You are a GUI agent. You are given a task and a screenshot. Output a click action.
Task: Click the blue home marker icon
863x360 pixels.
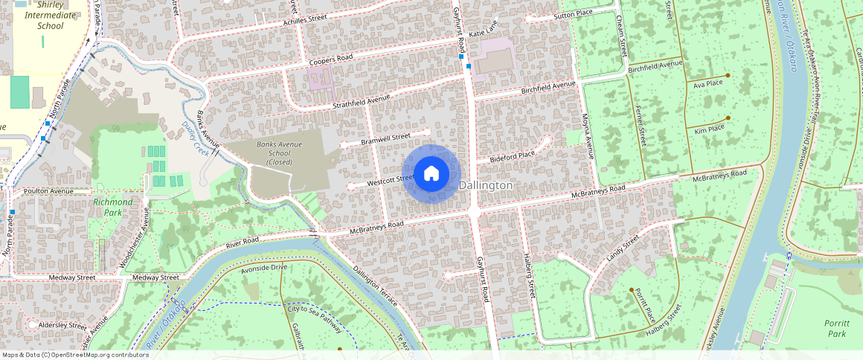pyautogui.click(x=431, y=174)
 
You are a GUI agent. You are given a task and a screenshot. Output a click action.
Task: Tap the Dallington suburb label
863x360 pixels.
pyautogui.click(x=486, y=184)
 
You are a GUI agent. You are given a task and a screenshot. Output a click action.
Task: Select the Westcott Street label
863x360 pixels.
pyautogui.click(x=391, y=179)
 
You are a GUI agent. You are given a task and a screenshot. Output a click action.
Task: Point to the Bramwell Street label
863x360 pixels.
pyautogui.click(x=385, y=137)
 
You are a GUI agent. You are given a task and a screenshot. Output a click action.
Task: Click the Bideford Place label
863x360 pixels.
pyautogui.click(x=512, y=155)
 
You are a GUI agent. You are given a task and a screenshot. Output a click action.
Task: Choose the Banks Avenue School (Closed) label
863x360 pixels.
pyautogui.click(x=275, y=152)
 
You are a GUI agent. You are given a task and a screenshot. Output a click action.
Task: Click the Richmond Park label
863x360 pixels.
pyautogui.click(x=113, y=207)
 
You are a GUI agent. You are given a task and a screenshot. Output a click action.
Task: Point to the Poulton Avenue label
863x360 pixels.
pyautogui.click(x=48, y=191)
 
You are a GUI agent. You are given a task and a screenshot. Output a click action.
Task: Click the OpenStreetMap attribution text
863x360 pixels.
pyautogui.click(x=76, y=355)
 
